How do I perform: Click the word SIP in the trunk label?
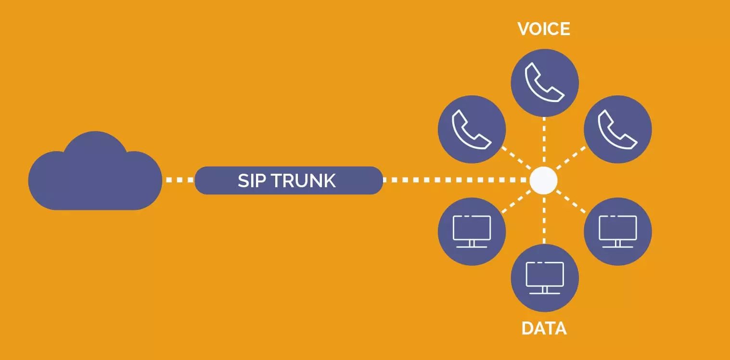252,181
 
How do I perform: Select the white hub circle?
543,180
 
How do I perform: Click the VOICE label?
544,29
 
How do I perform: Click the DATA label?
544,329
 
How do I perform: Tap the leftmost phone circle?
472,129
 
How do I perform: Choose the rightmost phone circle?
617,129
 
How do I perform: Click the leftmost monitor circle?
472,231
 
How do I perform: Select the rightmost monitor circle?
617,231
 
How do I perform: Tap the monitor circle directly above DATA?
544,278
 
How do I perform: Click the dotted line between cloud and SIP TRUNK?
178,180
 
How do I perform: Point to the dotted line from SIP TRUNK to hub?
455,180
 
